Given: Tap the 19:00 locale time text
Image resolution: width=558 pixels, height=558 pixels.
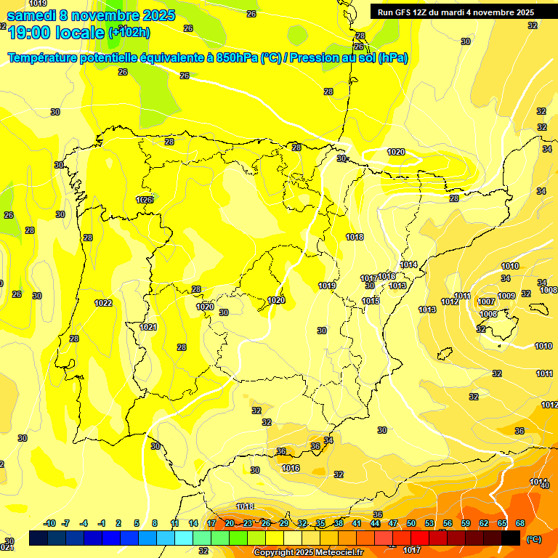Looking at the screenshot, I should point(55,32).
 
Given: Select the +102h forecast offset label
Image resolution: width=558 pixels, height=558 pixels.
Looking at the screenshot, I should point(130,32).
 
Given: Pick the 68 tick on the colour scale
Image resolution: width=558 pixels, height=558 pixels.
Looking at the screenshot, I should point(520,523).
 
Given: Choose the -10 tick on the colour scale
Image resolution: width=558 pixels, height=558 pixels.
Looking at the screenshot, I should point(49,523).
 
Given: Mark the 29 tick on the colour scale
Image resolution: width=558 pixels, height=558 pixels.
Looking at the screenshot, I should point(284,523).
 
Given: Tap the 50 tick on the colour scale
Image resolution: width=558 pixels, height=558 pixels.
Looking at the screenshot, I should point(411,523).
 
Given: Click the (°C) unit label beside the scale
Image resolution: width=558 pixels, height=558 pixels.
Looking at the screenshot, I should point(534,539).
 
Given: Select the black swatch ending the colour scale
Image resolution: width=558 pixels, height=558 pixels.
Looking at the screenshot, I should point(511,538).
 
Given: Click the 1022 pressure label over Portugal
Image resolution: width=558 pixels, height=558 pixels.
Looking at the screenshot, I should point(103,303).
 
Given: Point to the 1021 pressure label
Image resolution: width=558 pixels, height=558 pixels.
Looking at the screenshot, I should point(148,327).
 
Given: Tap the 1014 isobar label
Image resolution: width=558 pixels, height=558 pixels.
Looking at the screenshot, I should point(408,265).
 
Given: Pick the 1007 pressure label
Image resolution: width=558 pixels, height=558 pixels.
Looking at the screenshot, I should point(486,302).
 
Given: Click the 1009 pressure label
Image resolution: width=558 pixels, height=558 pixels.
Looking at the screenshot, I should point(506,296).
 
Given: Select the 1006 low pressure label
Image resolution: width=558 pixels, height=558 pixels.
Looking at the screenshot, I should point(488,314).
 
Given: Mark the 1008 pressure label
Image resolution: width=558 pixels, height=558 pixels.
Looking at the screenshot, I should point(549,291).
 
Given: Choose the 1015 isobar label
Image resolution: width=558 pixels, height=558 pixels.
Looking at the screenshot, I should point(371,301).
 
